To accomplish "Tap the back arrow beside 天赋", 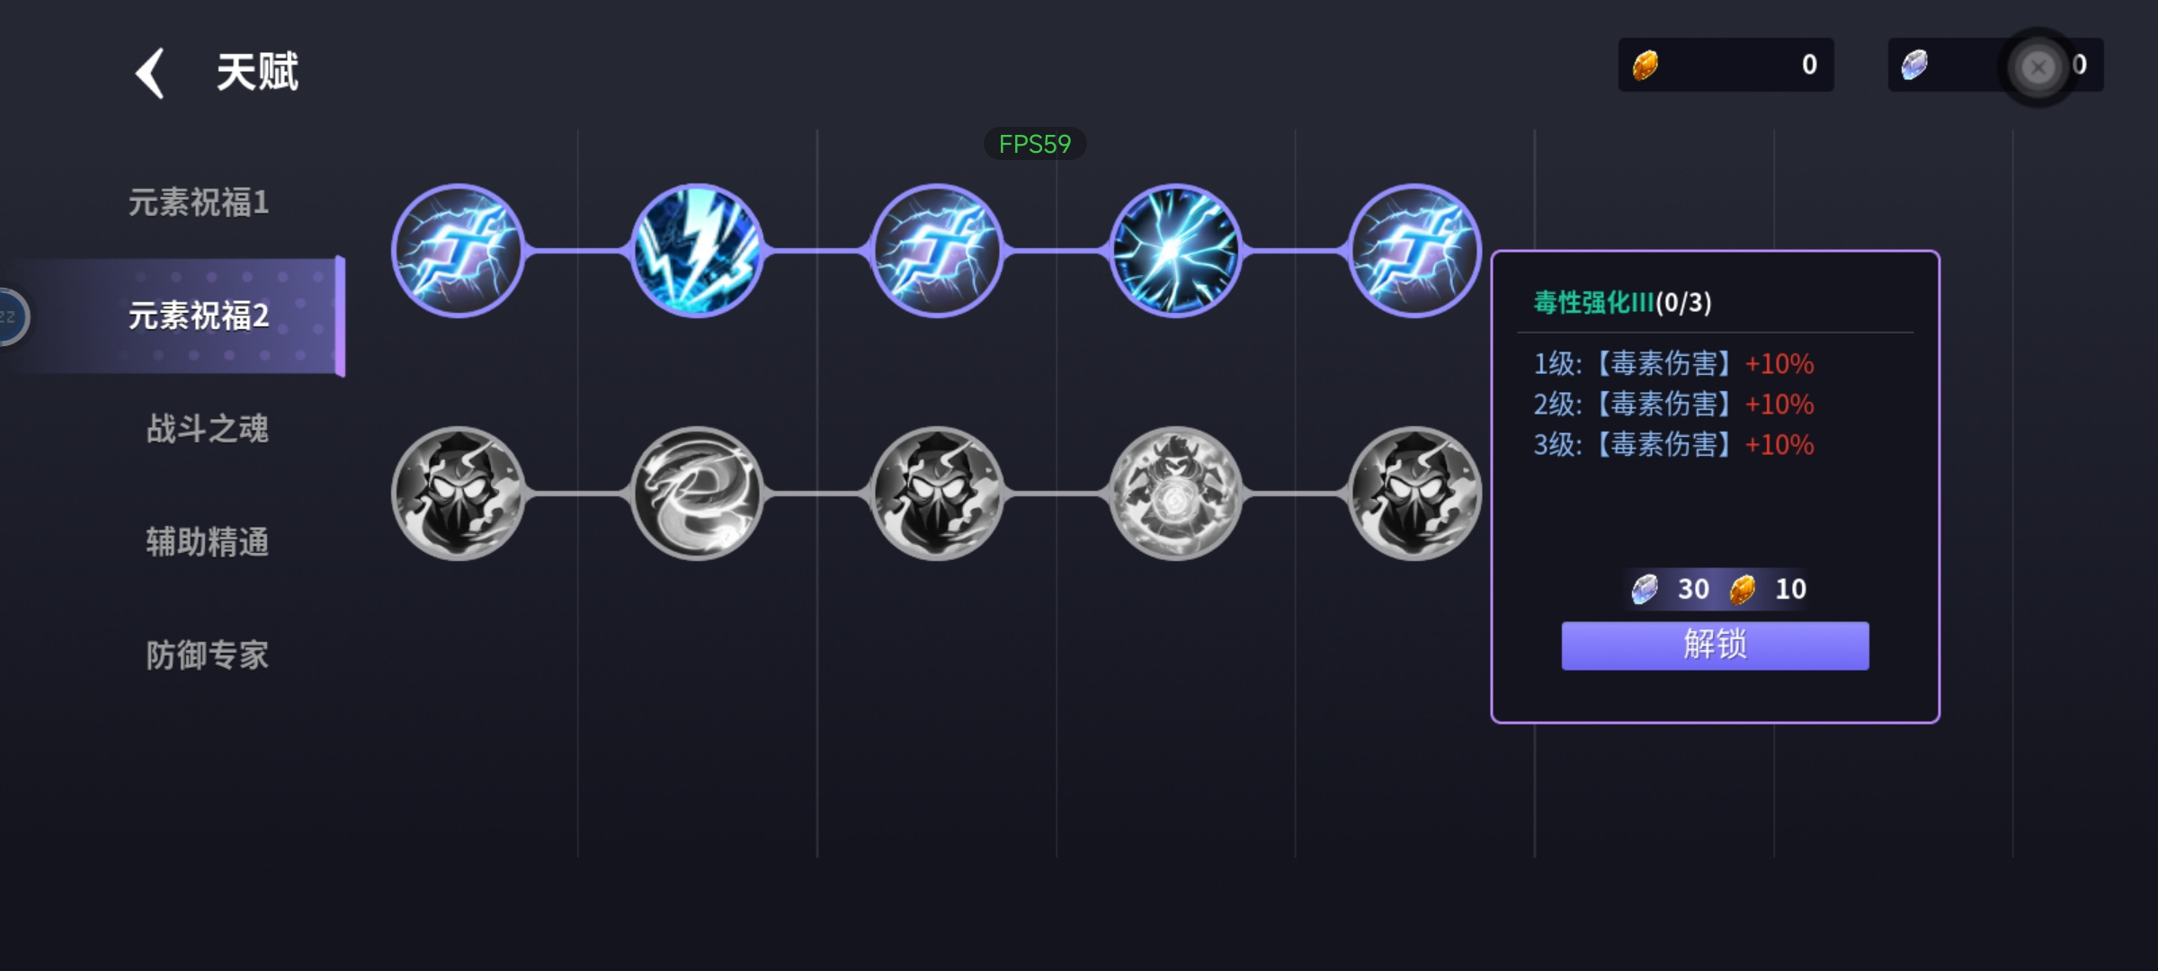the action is (x=150, y=73).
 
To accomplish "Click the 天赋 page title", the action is (x=257, y=72).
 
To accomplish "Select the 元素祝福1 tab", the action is (x=199, y=202).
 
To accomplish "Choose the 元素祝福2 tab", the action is (x=199, y=316).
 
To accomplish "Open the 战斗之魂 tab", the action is (x=208, y=429).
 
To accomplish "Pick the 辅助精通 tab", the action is (x=208, y=542).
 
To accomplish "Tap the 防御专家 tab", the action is (x=208, y=655).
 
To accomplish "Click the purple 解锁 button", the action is (x=1715, y=646).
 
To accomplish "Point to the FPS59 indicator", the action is (x=1035, y=144).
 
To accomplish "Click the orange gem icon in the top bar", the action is (x=1645, y=65).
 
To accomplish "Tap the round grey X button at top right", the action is (x=2038, y=67).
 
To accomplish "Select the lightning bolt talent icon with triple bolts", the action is (x=697, y=251).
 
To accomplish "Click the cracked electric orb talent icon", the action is (x=1175, y=251).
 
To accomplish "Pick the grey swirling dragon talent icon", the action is (x=697, y=493).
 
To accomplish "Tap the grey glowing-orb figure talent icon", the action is (x=1175, y=493).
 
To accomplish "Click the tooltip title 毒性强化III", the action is (x=1593, y=302).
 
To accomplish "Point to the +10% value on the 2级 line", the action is (x=1779, y=405).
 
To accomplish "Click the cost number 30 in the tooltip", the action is (x=1693, y=589).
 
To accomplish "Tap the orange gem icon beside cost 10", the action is (x=1743, y=590).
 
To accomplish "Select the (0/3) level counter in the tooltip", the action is (x=1684, y=302).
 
